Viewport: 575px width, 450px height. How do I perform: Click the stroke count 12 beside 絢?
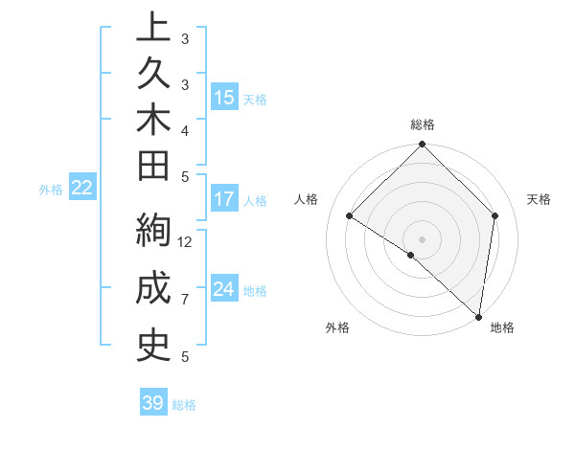[186, 241]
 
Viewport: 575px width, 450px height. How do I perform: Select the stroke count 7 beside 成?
[185, 300]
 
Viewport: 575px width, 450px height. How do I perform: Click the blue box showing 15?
[224, 98]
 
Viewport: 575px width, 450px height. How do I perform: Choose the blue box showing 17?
[224, 199]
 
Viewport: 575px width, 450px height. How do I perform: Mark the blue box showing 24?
[224, 289]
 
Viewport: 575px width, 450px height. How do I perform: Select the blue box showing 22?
[82, 188]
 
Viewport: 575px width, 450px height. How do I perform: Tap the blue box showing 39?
[153, 403]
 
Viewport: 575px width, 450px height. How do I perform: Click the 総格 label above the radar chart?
[423, 124]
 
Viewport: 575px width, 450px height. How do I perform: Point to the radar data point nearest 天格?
[495, 215]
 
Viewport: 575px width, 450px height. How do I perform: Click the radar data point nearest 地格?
[479, 317]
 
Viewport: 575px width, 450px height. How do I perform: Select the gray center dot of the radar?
[423, 238]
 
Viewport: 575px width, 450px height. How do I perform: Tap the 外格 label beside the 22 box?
[51, 190]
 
